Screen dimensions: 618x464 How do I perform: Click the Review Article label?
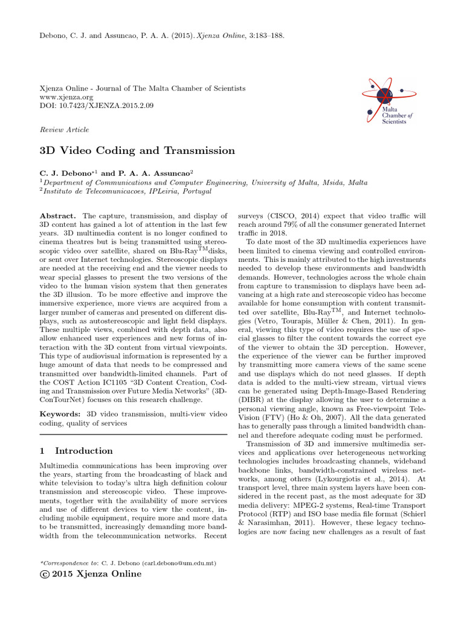pos(64,130)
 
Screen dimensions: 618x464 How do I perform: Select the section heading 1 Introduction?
pos(76,451)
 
